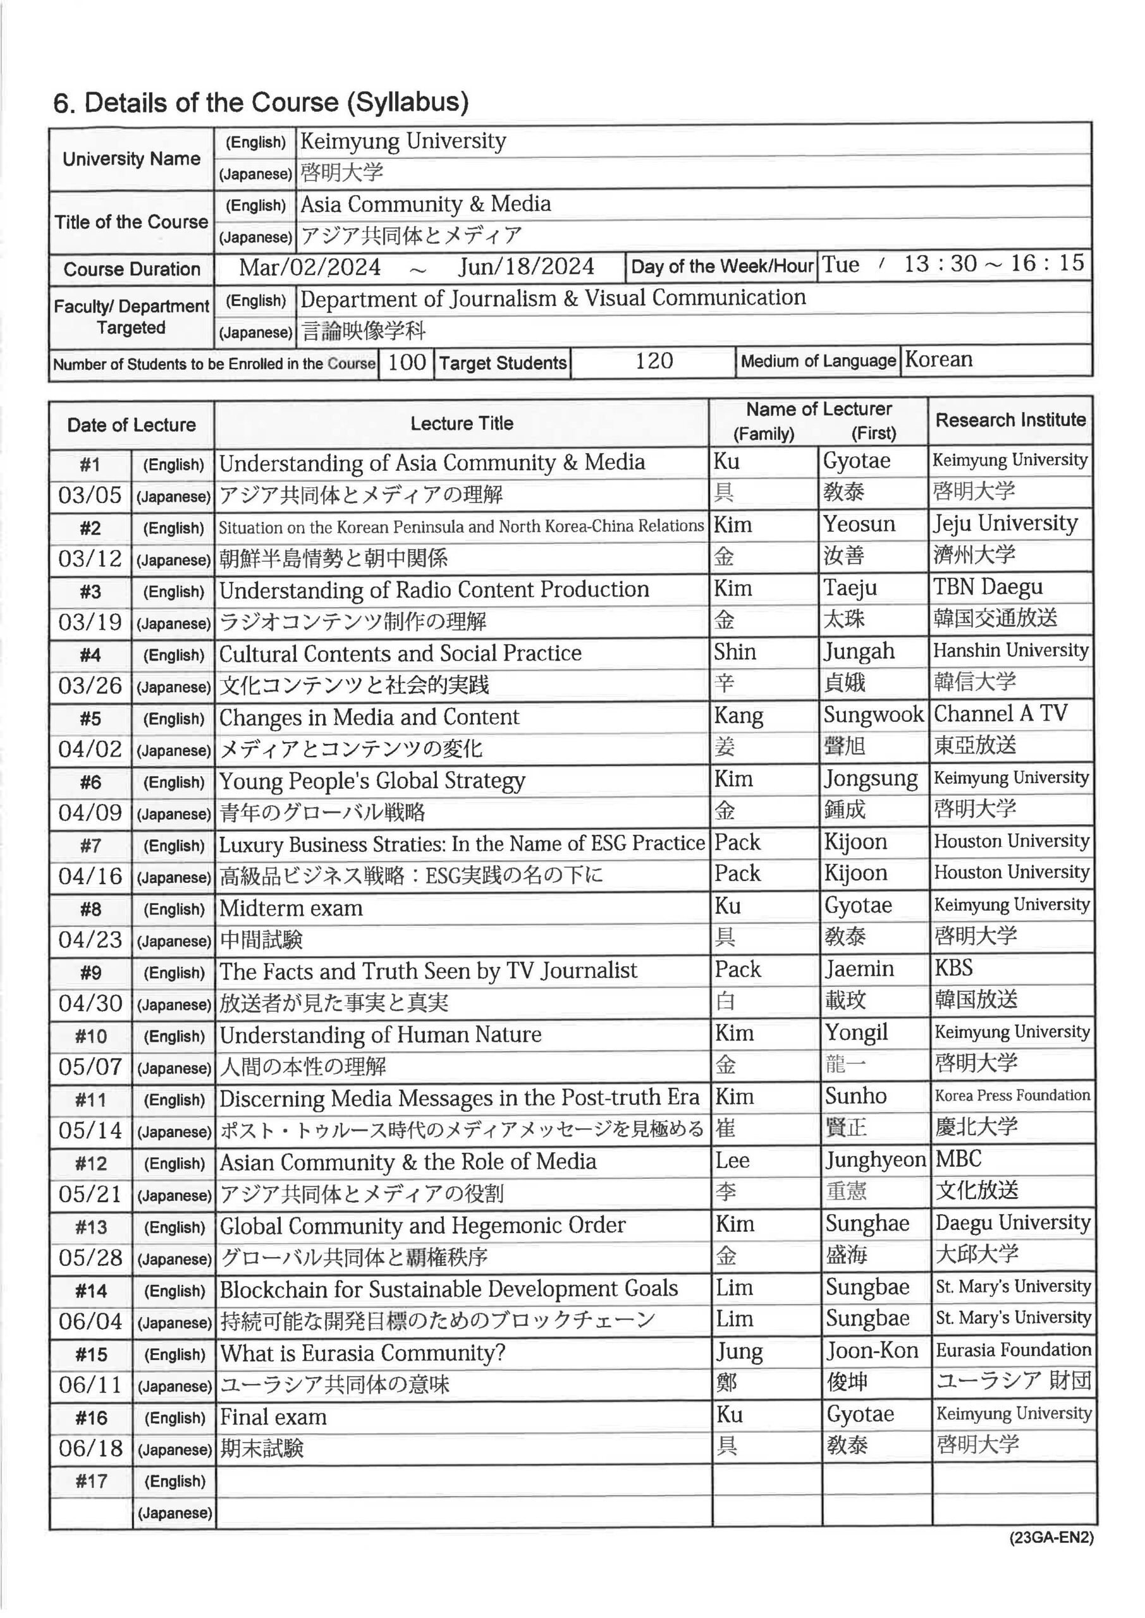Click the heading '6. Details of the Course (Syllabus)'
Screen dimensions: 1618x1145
(261, 103)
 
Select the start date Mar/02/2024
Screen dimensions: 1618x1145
(310, 267)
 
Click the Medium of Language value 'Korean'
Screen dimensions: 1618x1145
(938, 360)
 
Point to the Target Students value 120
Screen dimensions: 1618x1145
(654, 362)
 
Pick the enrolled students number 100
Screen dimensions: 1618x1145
(407, 362)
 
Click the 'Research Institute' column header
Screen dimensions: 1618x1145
(1010, 420)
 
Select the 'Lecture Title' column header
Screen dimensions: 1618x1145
(462, 423)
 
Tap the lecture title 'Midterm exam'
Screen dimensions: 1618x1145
(291, 908)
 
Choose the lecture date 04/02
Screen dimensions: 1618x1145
(90, 748)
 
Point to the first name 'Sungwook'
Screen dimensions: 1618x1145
(874, 715)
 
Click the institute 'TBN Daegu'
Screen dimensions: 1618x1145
(988, 587)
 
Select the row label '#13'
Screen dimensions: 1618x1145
(90, 1227)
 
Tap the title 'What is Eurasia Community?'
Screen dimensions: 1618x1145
(362, 1353)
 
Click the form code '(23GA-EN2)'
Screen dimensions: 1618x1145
(1051, 1538)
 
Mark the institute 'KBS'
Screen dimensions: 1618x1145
(953, 968)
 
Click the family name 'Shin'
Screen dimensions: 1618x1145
(735, 652)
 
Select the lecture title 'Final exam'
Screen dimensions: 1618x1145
(274, 1416)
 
